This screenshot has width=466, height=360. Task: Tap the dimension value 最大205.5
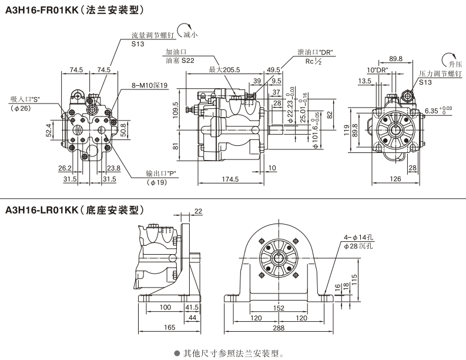click(x=224, y=69)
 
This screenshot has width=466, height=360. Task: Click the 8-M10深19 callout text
click(x=150, y=85)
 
